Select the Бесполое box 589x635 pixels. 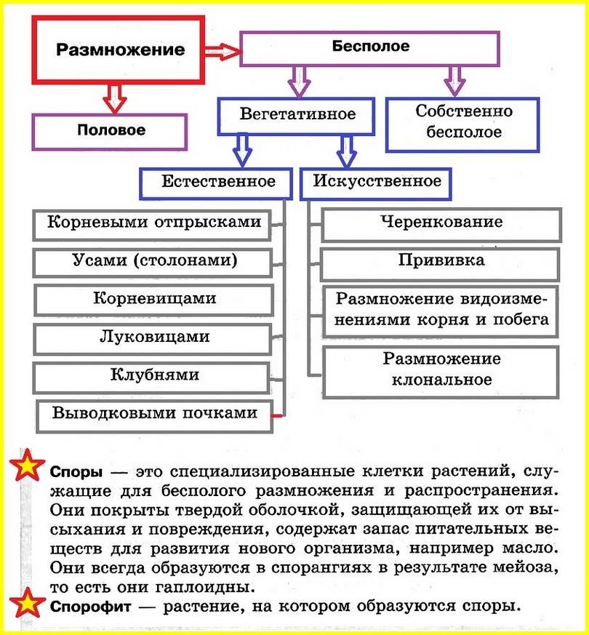click(369, 48)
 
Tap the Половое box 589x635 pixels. click(110, 132)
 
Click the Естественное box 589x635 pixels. click(218, 181)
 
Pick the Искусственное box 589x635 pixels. click(376, 181)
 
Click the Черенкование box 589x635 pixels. click(441, 223)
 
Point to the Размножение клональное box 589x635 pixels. click(441, 370)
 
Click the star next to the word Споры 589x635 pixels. click(27, 466)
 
